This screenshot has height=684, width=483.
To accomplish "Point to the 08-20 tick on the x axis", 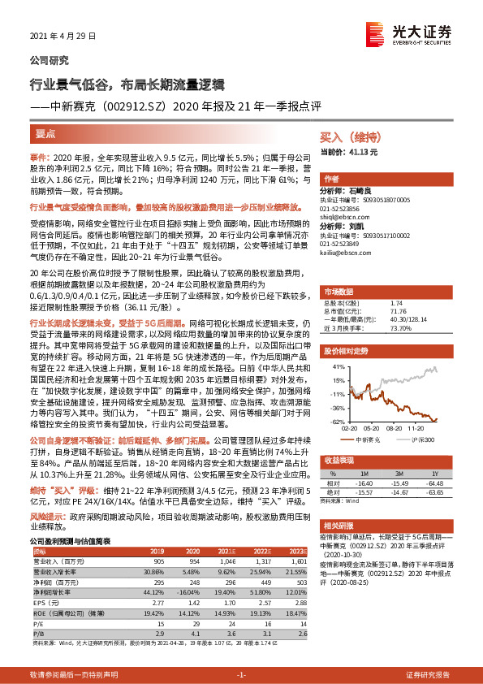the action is click(395, 427).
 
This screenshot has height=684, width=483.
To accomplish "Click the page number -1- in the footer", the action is click(241, 674).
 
